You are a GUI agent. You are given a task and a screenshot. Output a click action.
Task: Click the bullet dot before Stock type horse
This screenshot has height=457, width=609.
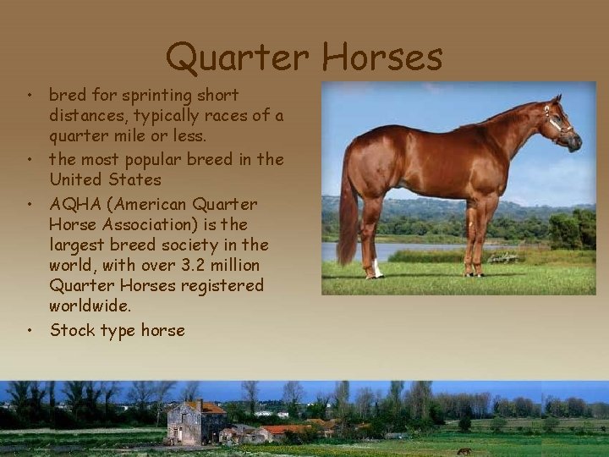coord(29,331)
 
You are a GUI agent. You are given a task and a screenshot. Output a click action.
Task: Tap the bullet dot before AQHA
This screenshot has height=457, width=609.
coord(29,205)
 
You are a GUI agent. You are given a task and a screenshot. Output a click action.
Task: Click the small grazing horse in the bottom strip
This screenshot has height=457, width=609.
coord(464,451)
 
